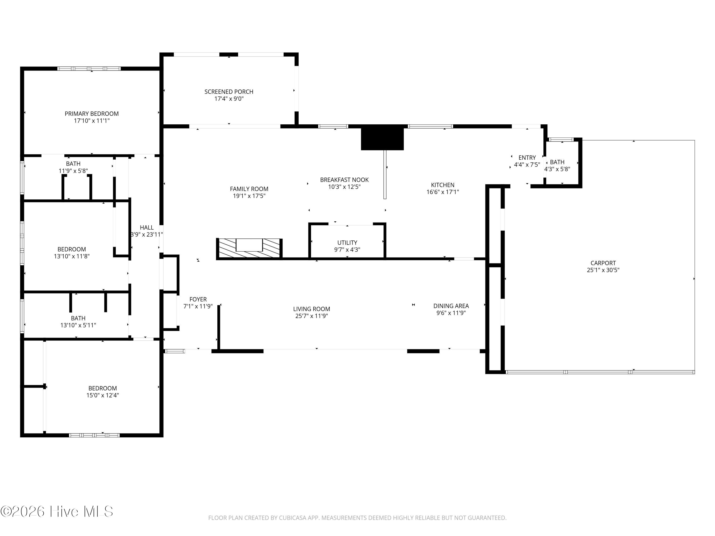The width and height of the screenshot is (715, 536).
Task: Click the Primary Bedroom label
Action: [x=92, y=114]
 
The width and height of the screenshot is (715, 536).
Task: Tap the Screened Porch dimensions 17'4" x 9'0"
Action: [x=229, y=99]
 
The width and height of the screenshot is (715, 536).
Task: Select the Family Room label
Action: [x=249, y=189]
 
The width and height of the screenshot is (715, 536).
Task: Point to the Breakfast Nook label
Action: [x=344, y=180]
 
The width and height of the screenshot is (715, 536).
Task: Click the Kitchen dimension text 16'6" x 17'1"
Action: [x=443, y=192]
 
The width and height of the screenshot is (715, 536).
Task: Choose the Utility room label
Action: [x=347, y=243]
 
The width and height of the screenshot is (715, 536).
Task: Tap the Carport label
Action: [x=603, y=263]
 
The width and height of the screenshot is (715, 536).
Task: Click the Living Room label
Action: [x=312, y=309]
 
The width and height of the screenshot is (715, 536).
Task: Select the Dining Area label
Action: [x=451, y=306]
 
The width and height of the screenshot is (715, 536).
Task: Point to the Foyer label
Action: [x=198, y=299]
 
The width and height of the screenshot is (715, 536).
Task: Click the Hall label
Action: [x=147, y=228]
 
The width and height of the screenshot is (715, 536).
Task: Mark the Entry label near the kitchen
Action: [x=527, y=158]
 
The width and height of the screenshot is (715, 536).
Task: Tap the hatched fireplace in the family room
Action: [x=249, y=248]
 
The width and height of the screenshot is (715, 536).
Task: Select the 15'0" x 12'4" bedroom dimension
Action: [x=102, y=395]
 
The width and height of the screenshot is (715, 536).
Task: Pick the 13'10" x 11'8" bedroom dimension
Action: [x=72, y=256]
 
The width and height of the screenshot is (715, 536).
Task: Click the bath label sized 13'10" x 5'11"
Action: [x=78, y=318]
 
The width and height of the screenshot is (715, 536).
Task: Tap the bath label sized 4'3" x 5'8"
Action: [x=557, y=162]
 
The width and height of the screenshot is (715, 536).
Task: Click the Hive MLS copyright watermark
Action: [x=57, y=511]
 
